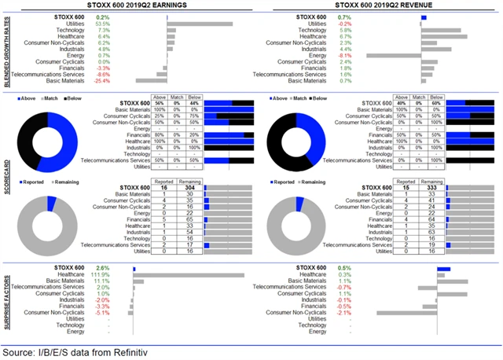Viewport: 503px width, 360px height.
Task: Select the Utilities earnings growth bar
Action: (200, 24)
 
